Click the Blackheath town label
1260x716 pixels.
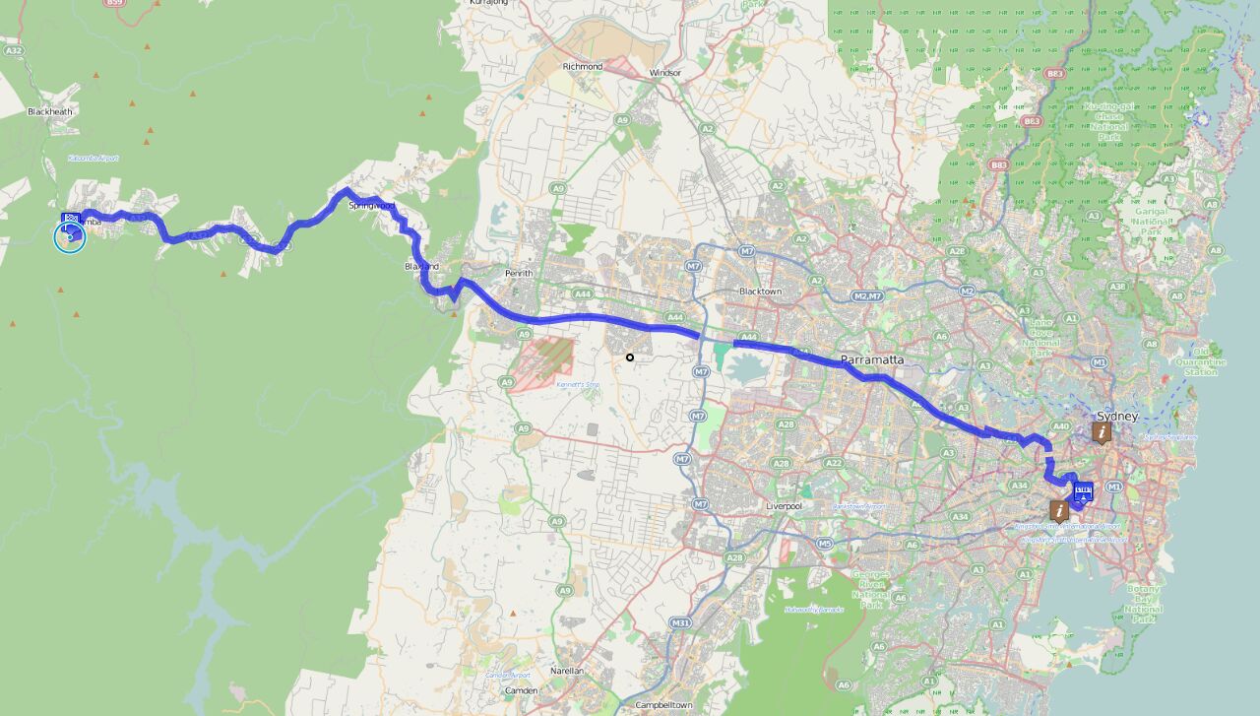click(x=49, y=111)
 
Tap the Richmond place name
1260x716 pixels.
click(x=582, y=66)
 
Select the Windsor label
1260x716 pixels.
click(x=665, y=73)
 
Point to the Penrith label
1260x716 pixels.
click(x=518, y=273)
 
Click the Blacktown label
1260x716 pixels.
click(x=760, y=292)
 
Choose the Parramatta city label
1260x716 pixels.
click(x=871, y=359)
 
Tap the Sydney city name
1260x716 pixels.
click(x=1116, y=417)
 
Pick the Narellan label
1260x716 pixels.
click(x=567, y=671)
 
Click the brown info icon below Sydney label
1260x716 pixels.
click(x=1102, y=432)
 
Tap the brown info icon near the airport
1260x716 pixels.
click(x=1059, y=510)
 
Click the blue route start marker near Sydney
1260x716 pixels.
click(x=1083, y=492)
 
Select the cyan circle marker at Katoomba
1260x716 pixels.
click(x=69, y=236)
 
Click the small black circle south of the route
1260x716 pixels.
click(x=630, y=357)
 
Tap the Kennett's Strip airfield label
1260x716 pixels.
click(x=577, y=384)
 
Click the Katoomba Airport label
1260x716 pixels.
click(x=94, y=158)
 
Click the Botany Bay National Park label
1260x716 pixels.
click(x=1143, y=604)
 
